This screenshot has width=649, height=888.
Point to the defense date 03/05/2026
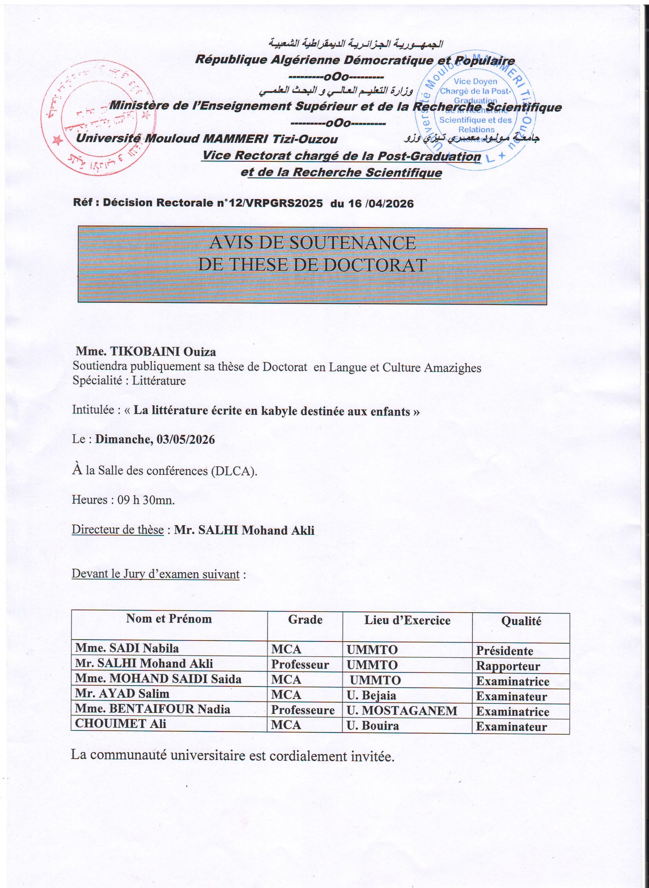(x=185, y=439)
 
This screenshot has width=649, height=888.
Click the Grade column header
(x=305, y=620)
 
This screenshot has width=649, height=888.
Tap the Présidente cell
(x=504, y=651)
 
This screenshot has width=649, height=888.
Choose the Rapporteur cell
(x=508, y=666)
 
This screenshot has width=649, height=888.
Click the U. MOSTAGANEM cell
(x=401, y=711)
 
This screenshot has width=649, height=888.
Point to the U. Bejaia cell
(x=371, y=696)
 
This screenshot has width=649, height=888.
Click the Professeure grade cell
(x=303, y=710)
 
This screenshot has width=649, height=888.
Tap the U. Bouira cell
(x=372, y=726)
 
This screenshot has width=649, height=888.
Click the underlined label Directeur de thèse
(x=118, y=530)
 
